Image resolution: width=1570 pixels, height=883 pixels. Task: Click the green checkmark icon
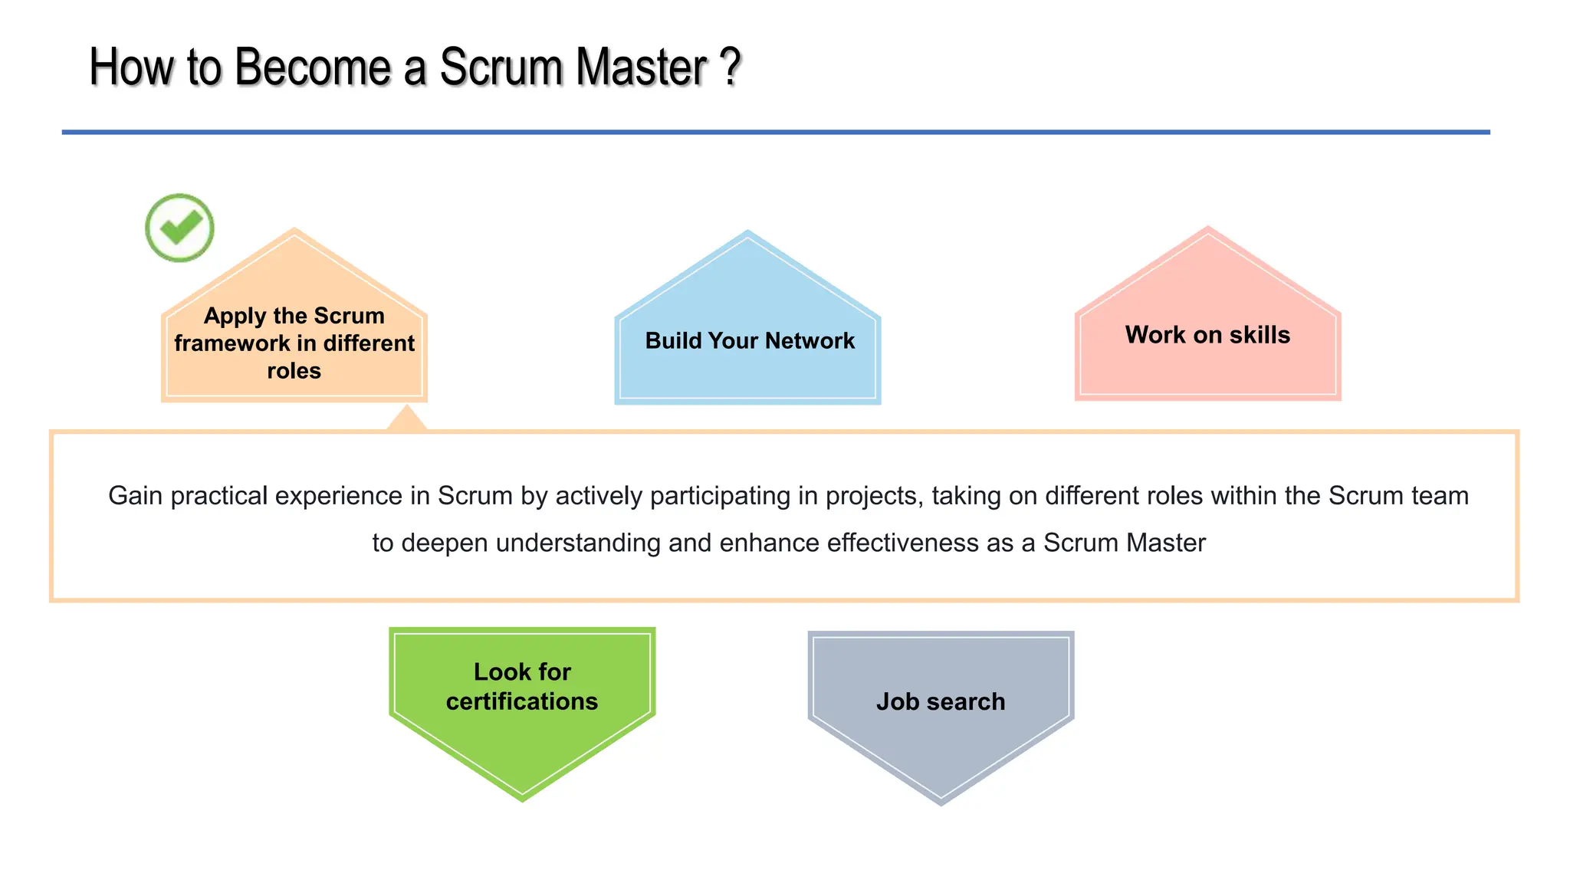179,228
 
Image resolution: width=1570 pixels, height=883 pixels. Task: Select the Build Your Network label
749,340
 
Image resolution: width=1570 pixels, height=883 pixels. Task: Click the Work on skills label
1207,335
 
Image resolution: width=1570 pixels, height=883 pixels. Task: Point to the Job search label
941,701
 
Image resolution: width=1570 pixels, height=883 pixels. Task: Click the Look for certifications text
522,686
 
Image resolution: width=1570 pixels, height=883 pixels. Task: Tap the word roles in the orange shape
294,371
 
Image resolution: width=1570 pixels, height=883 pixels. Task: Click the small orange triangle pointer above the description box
407,419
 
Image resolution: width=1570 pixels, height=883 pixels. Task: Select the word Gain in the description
135,496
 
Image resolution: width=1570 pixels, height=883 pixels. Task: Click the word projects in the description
873,496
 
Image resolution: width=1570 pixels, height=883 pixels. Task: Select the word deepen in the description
445,543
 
